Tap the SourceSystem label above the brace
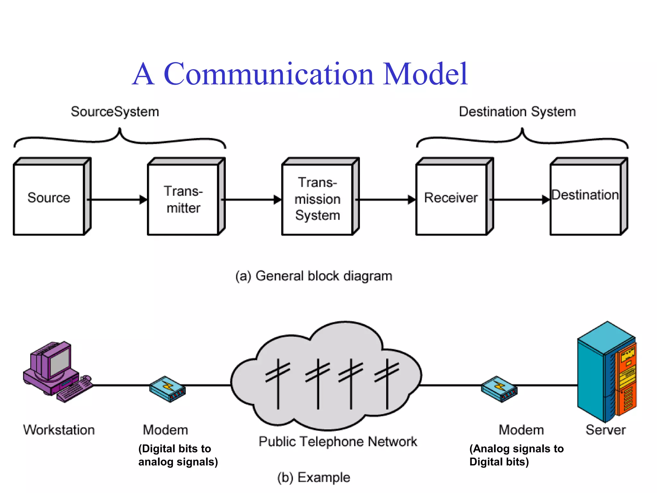point(115,112)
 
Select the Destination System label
point(517,112)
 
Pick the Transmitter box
point(183,199)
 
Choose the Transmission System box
point(317,199)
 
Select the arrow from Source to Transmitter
point(117,200)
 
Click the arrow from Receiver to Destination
point(520,200)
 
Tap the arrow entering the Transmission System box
point(252,200)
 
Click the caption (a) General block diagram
point(314,276)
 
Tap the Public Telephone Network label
point(338,442)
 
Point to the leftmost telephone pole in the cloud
point(278,384)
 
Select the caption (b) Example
point(314,478)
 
